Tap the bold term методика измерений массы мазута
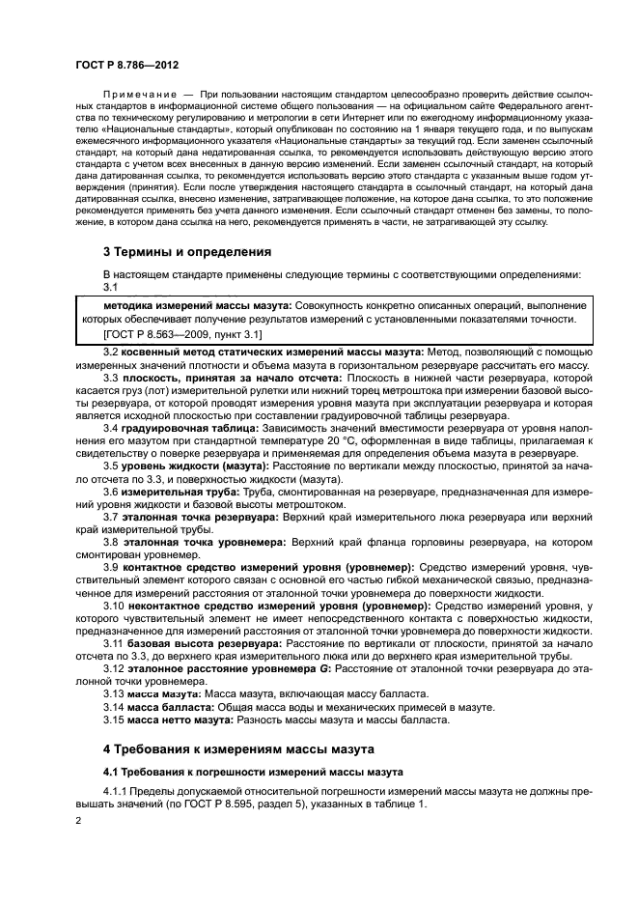click(186, 304)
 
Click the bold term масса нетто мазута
click(175, 721)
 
